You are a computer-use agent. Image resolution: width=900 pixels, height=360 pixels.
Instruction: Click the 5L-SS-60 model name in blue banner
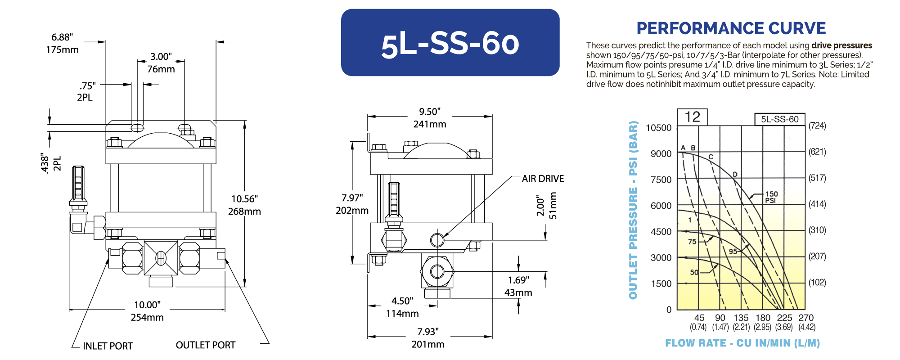pos(450,44)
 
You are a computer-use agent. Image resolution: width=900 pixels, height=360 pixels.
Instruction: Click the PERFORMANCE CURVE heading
pos(731,28)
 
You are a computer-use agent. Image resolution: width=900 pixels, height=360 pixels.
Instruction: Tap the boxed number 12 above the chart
pos(692,117)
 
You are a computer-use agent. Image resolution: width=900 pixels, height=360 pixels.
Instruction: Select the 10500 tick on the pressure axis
pos(658,128)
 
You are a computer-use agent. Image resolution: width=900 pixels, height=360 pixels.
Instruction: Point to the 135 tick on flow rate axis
pos(741,318)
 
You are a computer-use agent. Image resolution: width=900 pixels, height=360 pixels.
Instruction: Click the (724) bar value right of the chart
pos(817,126)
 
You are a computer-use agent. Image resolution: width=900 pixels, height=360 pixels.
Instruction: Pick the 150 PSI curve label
pos(771,197)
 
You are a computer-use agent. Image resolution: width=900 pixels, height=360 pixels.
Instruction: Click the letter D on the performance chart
pos(735,174)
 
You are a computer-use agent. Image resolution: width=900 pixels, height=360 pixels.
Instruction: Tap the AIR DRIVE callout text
pos(543,179)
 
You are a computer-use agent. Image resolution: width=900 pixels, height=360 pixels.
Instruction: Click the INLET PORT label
pos(108,346)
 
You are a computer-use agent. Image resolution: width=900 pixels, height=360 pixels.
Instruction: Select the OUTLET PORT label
pos(205,345)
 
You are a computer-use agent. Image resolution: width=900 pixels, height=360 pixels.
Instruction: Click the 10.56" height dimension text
pos(244,199)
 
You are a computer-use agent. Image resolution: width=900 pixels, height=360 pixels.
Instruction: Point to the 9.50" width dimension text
pos(430,112)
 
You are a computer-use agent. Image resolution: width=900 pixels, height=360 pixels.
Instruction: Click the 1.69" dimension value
pos(518,280)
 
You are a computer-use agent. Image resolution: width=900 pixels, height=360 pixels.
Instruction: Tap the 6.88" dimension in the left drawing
pos(62,37)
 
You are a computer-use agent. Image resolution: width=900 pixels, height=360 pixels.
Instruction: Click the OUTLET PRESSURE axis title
pos(633,210)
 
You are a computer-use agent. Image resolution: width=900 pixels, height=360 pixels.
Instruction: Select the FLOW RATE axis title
pos(742,343)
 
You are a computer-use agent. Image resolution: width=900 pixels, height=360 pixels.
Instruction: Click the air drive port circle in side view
pos(437,240)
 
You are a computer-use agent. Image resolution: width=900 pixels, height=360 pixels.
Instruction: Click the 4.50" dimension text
pos(402,301)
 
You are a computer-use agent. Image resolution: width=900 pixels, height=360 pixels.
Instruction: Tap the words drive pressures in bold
pos(841,45)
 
